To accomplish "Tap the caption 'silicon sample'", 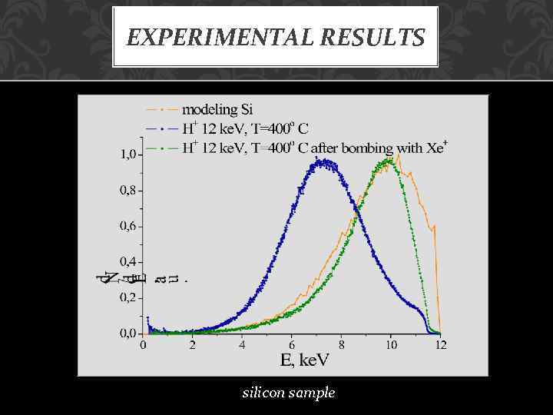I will (x=289, y=393).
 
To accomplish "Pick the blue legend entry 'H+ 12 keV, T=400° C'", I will (x=245, y=128).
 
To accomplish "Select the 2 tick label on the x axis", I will (x=193, y=346).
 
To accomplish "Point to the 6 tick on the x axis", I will (x=292, y=346).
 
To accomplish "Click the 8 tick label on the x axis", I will (x=341, y=346).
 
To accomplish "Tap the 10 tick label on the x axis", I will (x=390, y=346).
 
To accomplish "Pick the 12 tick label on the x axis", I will (x=440, y=346).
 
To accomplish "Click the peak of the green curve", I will (x=389, y=160).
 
